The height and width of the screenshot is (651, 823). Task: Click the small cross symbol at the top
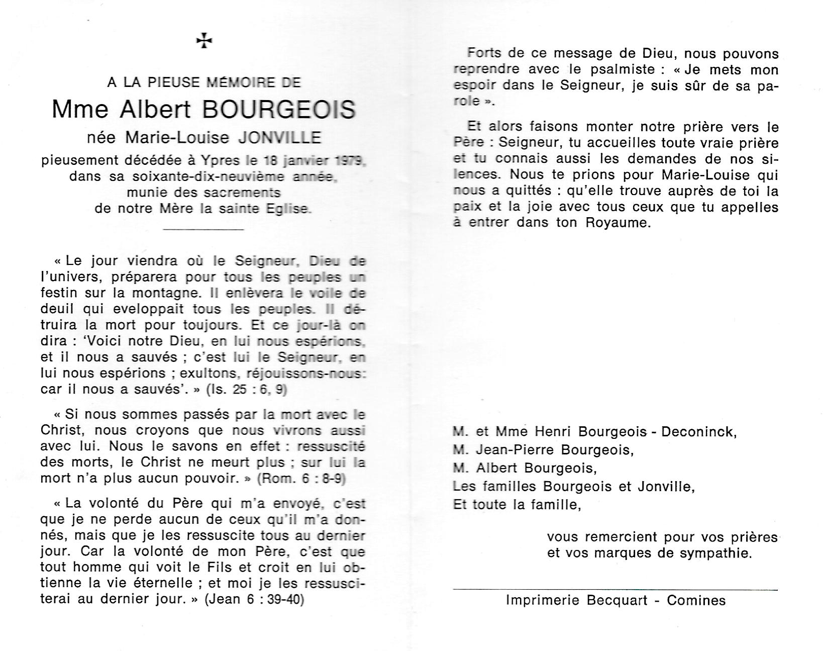(204, 41)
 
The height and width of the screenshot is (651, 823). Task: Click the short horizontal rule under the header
(204, 230)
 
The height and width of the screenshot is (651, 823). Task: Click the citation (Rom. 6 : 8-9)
(301, 479)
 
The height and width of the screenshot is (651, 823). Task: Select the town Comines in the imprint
(696, 600)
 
